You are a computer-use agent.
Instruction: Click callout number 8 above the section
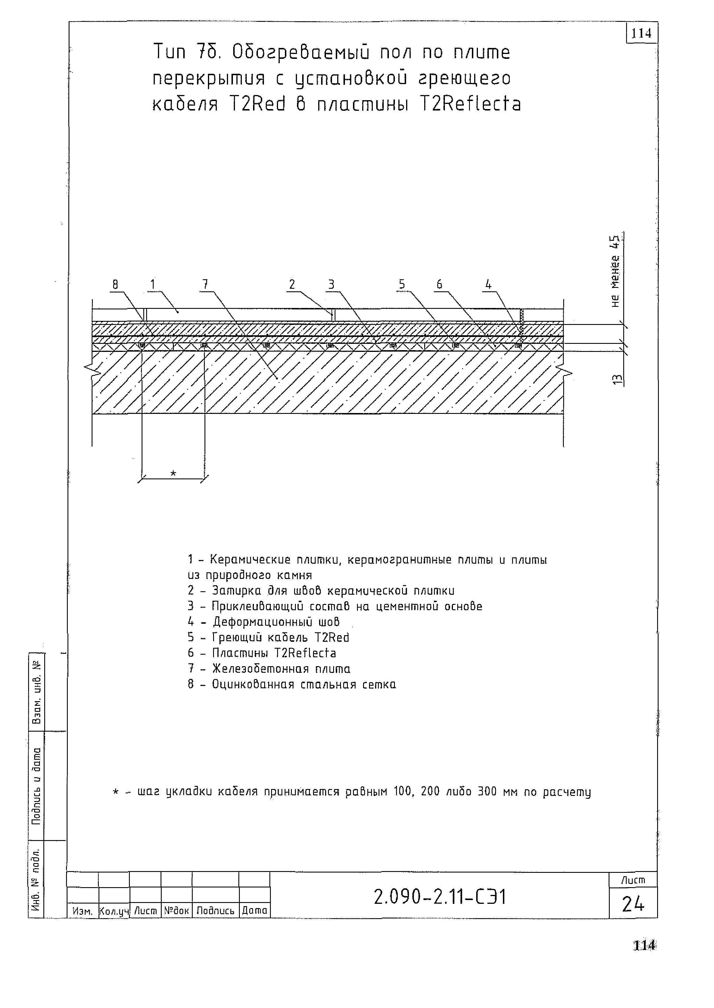coord(115,285)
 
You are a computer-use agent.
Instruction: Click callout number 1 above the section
coord(153,285)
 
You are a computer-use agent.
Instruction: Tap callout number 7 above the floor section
coord(205,285)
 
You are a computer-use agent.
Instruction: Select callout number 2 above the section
coord(292,285)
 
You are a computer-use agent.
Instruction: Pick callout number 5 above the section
coord(402,285)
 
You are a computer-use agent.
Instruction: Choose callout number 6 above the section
coord(439,285)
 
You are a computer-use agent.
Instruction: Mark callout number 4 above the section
coord(488,285)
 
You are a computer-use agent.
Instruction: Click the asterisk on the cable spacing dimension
coord(173,473)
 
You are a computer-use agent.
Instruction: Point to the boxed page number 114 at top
coord(641,33)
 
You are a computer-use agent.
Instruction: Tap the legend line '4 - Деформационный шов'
coord(264,622)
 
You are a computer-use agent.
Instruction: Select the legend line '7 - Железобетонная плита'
coord(269,668)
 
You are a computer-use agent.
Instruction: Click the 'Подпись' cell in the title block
coord(215,911)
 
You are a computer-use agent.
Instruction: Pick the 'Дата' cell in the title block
coord(254,911)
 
